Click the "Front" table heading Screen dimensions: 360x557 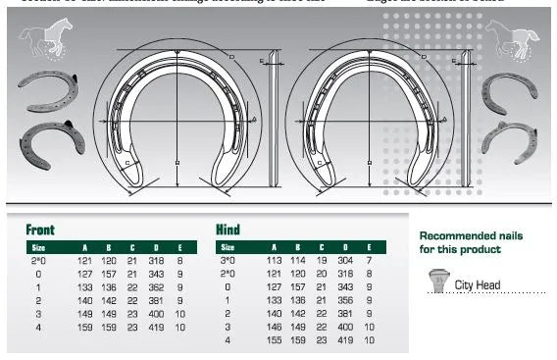coord(40,230)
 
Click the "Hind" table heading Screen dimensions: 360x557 coord(227,230)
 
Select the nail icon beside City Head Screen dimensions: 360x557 coord(436,283)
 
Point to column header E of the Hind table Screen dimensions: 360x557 coord(369,248)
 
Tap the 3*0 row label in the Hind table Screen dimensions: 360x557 coord(228,261)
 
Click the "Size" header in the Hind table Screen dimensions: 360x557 coord(227,248)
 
